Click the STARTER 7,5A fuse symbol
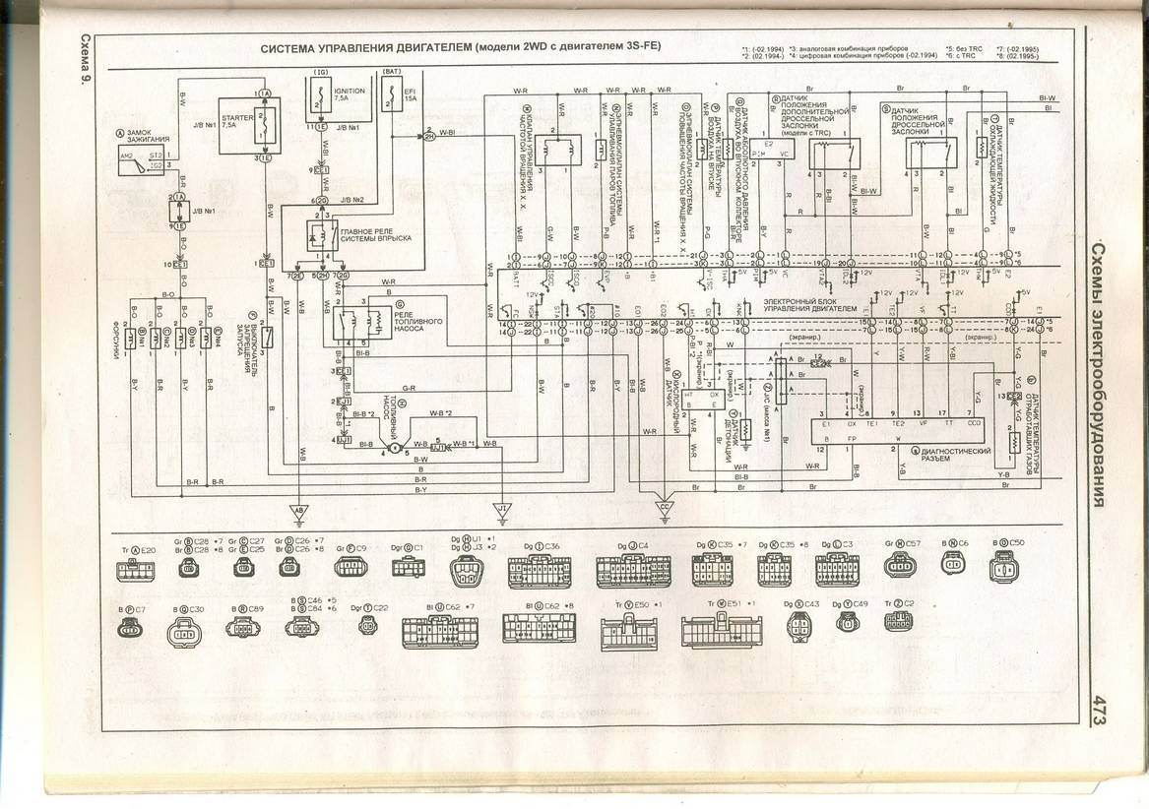264,125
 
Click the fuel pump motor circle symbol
392,448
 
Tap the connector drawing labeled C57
900,565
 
